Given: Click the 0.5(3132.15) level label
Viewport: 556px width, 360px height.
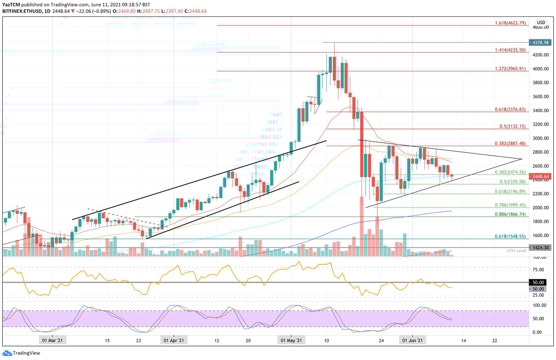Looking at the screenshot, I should pos(514,127).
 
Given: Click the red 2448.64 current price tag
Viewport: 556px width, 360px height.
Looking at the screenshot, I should pos(539,176).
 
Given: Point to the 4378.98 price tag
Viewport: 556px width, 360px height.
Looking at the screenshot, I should pos(539,42).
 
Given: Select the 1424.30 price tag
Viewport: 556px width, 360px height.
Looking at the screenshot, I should pos(539,247).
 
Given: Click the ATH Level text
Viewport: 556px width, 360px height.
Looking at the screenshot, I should pos(516,251).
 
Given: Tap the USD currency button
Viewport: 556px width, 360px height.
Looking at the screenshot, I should pos(541,22).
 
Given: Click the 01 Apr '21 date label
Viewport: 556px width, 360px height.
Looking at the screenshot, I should pos(174,341).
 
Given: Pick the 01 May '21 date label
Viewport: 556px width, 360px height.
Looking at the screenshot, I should pos(291,341).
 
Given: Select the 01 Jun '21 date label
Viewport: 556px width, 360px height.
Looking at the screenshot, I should pos(413,341).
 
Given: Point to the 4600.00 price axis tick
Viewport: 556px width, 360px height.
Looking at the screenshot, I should pos(540,27).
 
